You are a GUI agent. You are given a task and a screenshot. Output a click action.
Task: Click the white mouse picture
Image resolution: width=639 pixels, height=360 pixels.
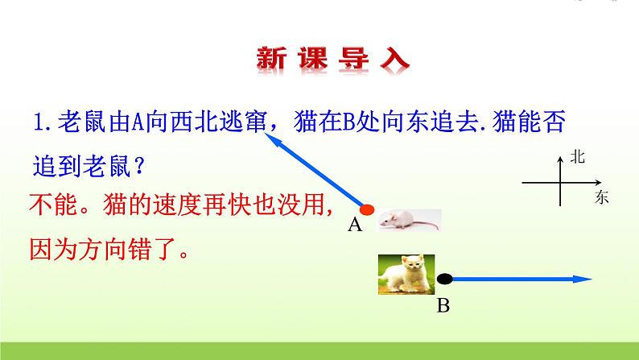pyautogui.click(x=410, y=218)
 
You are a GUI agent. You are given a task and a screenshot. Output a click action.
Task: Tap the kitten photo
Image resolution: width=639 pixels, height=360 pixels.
pyautogui.click(x=406, y=274)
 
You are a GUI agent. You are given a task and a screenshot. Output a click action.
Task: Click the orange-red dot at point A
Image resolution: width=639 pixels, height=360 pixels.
pyautogui.click(x=367, y=211)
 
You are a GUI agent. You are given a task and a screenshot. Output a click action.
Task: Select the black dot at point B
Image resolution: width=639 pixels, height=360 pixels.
pyautogui.click(x=445, y=279)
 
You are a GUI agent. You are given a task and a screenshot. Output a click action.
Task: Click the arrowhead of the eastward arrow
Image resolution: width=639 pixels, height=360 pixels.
pyautogui.click(x=585, y=279)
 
